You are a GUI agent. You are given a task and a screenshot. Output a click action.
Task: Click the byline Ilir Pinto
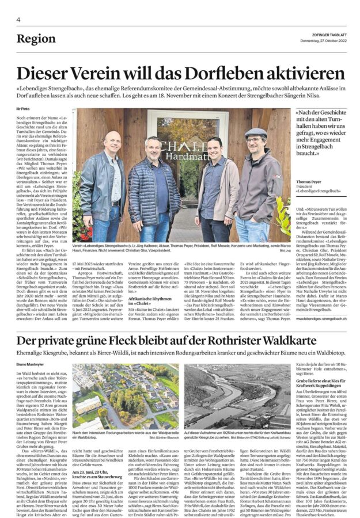(23, 108)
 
